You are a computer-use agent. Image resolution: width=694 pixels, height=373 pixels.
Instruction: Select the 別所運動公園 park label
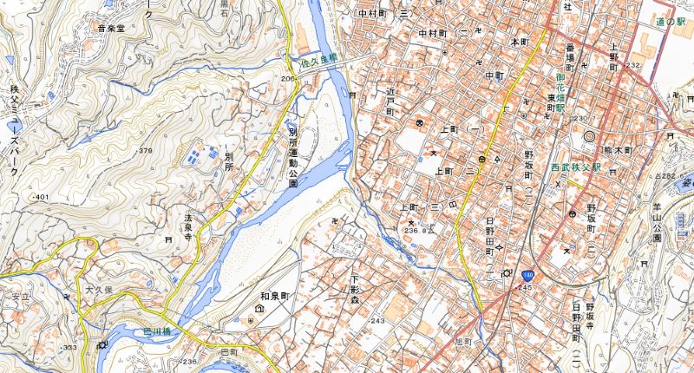click(x=293, y=156)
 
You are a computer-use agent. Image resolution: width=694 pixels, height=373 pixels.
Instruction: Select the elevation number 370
click(x=145, y=151)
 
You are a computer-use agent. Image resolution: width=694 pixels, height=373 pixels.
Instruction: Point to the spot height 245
click(x=526, y=287)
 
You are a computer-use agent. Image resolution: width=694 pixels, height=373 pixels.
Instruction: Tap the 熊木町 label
click(x=618, y=150)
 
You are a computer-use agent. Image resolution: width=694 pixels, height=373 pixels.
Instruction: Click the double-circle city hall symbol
click(x=591, y=136)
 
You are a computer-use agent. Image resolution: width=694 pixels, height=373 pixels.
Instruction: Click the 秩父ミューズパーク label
click(x=15, y=130)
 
